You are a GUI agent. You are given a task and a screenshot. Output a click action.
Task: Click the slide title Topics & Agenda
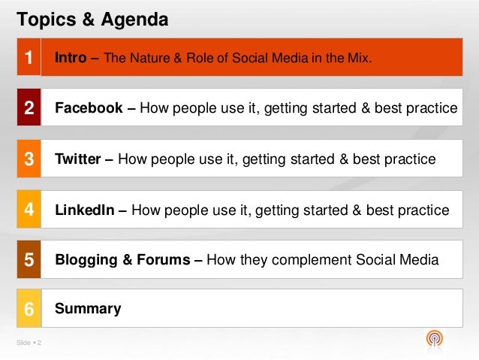click(x=92, y=17)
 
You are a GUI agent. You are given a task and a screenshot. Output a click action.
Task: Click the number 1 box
click(x=29, y=57)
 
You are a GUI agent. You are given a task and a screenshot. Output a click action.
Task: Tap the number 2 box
click(x=29, y=107)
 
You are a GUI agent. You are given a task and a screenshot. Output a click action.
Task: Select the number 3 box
click(x=29, y=159)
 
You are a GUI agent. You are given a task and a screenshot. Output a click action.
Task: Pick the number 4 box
click(x=29, y=210)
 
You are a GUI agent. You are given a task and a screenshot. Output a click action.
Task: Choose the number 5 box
click(x=29, y=260)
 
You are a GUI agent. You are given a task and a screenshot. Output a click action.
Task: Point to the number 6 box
click(x=29, y=309)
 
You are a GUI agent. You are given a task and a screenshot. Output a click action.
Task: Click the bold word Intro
click(x=71, y=57)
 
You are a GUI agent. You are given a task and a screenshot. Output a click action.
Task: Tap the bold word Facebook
click(x=89, y=108)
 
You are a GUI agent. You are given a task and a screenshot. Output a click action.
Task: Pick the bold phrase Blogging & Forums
click(x=122, y=261)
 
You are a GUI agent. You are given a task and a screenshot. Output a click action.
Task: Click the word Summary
click(x=88, y=309)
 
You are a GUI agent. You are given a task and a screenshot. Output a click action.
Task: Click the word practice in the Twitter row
click(x=410, y=159)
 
